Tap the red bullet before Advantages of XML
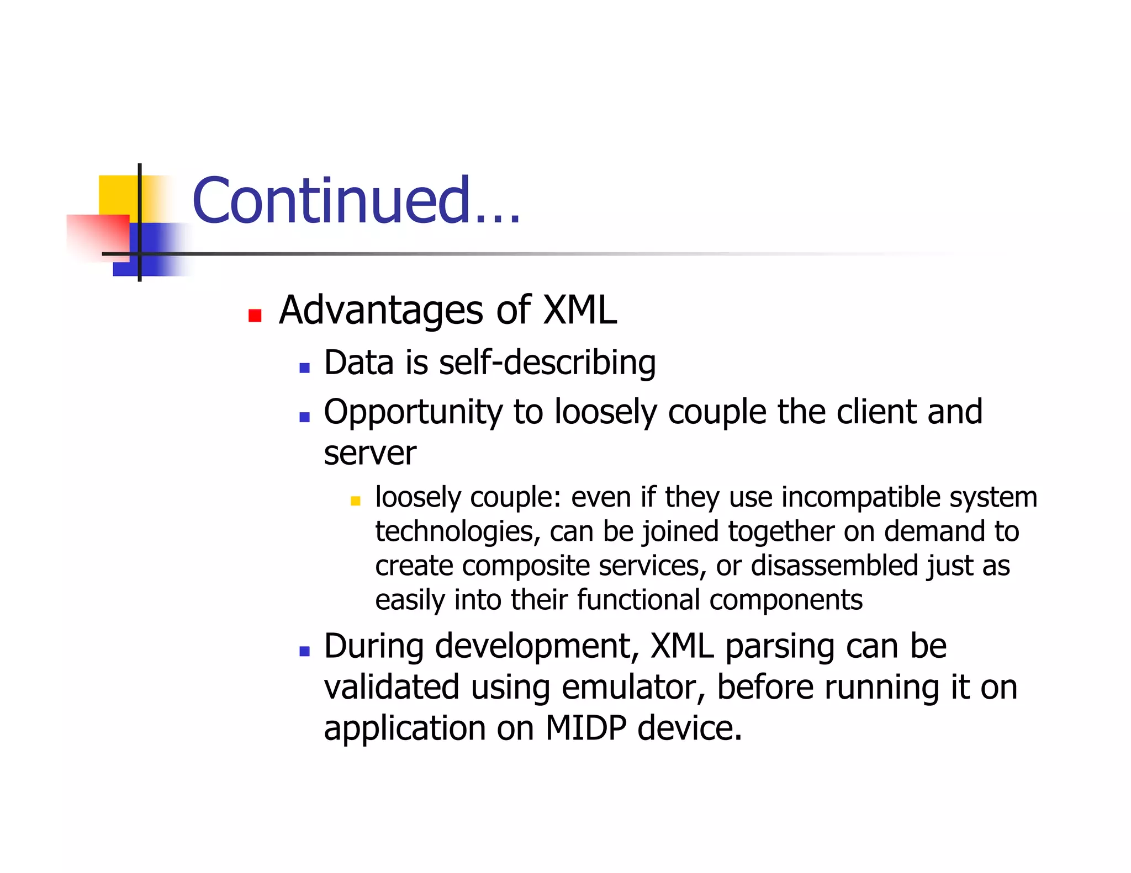[255, 316]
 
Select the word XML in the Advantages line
[580, 310]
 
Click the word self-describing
[547, 363]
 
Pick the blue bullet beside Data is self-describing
[304, 368]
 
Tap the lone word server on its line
[369, 454]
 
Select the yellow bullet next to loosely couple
[355, 501]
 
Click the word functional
[638, 600]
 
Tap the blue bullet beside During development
[304, 651]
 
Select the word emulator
[633, 688]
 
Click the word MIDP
[585, 728]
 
